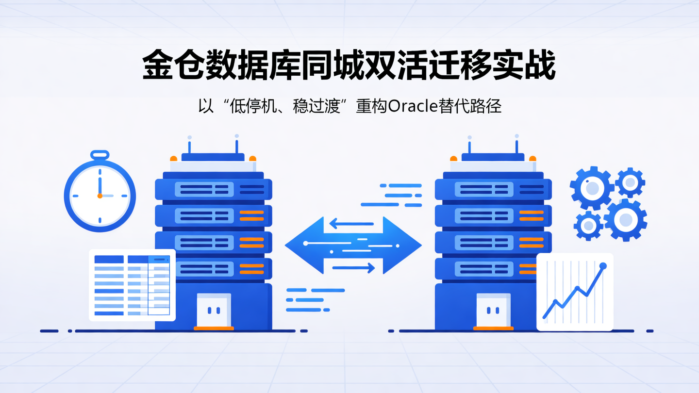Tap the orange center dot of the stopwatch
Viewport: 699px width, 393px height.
tap(100, 196)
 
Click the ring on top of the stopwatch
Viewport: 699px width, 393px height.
tap(100, 155)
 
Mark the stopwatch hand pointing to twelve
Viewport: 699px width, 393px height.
tap(100, 184)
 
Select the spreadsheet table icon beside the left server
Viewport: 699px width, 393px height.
tap(132, 285)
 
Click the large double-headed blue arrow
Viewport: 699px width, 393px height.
tap(353, 245)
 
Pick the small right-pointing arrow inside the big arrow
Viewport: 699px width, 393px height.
tap(354, 267)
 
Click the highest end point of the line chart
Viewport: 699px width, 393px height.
tap(603, 266)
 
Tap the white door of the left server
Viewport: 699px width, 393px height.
tap(214, 310)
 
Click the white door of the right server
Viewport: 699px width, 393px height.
tap(493, 310)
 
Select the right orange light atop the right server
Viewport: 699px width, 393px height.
tap(533, 158)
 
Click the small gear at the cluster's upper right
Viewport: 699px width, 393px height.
tap(630, 182)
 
